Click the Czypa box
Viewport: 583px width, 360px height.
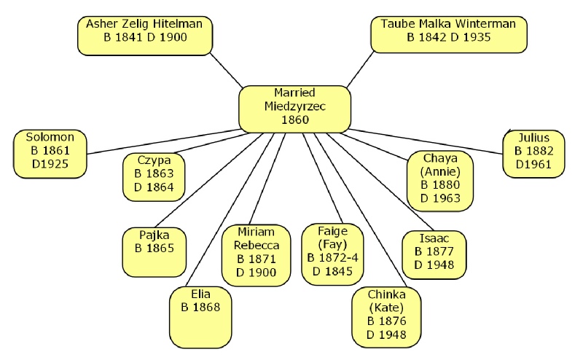154,173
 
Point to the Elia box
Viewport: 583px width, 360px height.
200,306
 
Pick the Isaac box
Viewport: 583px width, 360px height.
434,252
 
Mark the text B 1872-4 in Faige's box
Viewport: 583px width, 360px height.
333,259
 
